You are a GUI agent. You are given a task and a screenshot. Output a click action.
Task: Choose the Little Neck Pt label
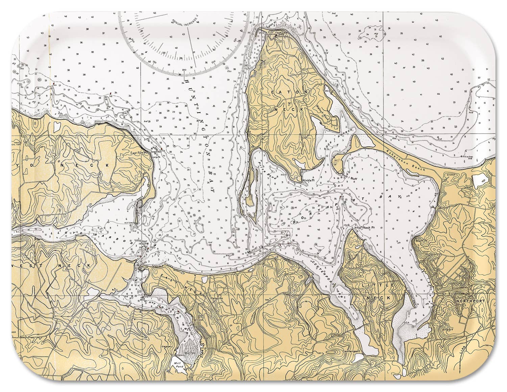[x=364, y=228]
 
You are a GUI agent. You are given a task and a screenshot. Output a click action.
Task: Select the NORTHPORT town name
[x=470, y=301]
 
